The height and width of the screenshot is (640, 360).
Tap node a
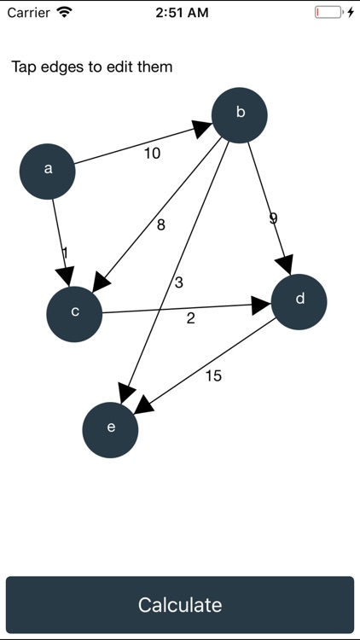[x=48, y=170]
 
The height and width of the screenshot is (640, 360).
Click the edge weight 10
[x=152, y=154]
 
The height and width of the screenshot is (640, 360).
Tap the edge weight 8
[x=160, y=225]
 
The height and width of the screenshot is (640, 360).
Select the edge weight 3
[x=178, y=282]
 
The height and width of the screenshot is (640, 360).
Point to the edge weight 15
[x=213, y=375]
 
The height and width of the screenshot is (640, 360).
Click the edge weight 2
[x=190, y=318]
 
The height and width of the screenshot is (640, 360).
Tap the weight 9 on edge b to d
[x=273, y=218]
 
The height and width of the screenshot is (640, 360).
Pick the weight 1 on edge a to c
[x=64, y=253]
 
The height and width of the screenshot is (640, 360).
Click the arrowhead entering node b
[x=202, y=129]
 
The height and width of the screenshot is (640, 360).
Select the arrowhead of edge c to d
[x=261, y=305]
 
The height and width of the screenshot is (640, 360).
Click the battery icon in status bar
[x=329, y=13]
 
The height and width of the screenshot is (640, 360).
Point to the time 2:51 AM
[x=179, y=13]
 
